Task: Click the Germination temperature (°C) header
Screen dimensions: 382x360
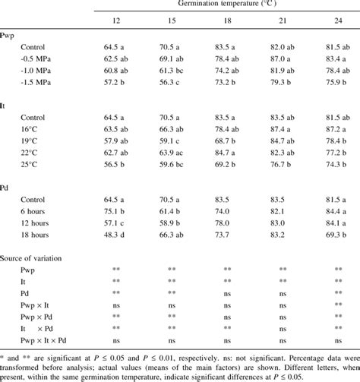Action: (226, 5)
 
